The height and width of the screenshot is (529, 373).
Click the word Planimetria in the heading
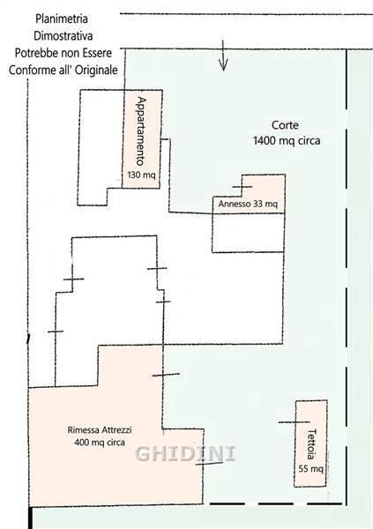point(62,19)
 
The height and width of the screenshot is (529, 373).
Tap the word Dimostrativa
point(63,36)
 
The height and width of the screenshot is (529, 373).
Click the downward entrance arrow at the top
point(223,55)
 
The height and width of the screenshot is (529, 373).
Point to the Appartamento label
point(141,131)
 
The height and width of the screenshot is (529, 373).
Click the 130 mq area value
point(141,175)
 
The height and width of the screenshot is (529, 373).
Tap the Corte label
point(285,125)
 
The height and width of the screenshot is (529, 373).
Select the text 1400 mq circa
point(287,140)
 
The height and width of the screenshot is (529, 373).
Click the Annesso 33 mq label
point(248,205)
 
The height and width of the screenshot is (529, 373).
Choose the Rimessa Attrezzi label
point(100,430)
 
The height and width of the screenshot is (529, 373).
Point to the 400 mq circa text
point(100,442)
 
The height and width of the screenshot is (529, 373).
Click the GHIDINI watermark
point(185,453)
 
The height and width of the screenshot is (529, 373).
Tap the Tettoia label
point(311,444)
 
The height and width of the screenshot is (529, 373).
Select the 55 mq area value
point(311,469)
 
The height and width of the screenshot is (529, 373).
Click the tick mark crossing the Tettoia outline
point(294,422)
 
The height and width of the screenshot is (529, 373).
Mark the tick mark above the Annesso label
point(242,187)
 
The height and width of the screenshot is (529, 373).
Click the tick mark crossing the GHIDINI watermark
point(209,464)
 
